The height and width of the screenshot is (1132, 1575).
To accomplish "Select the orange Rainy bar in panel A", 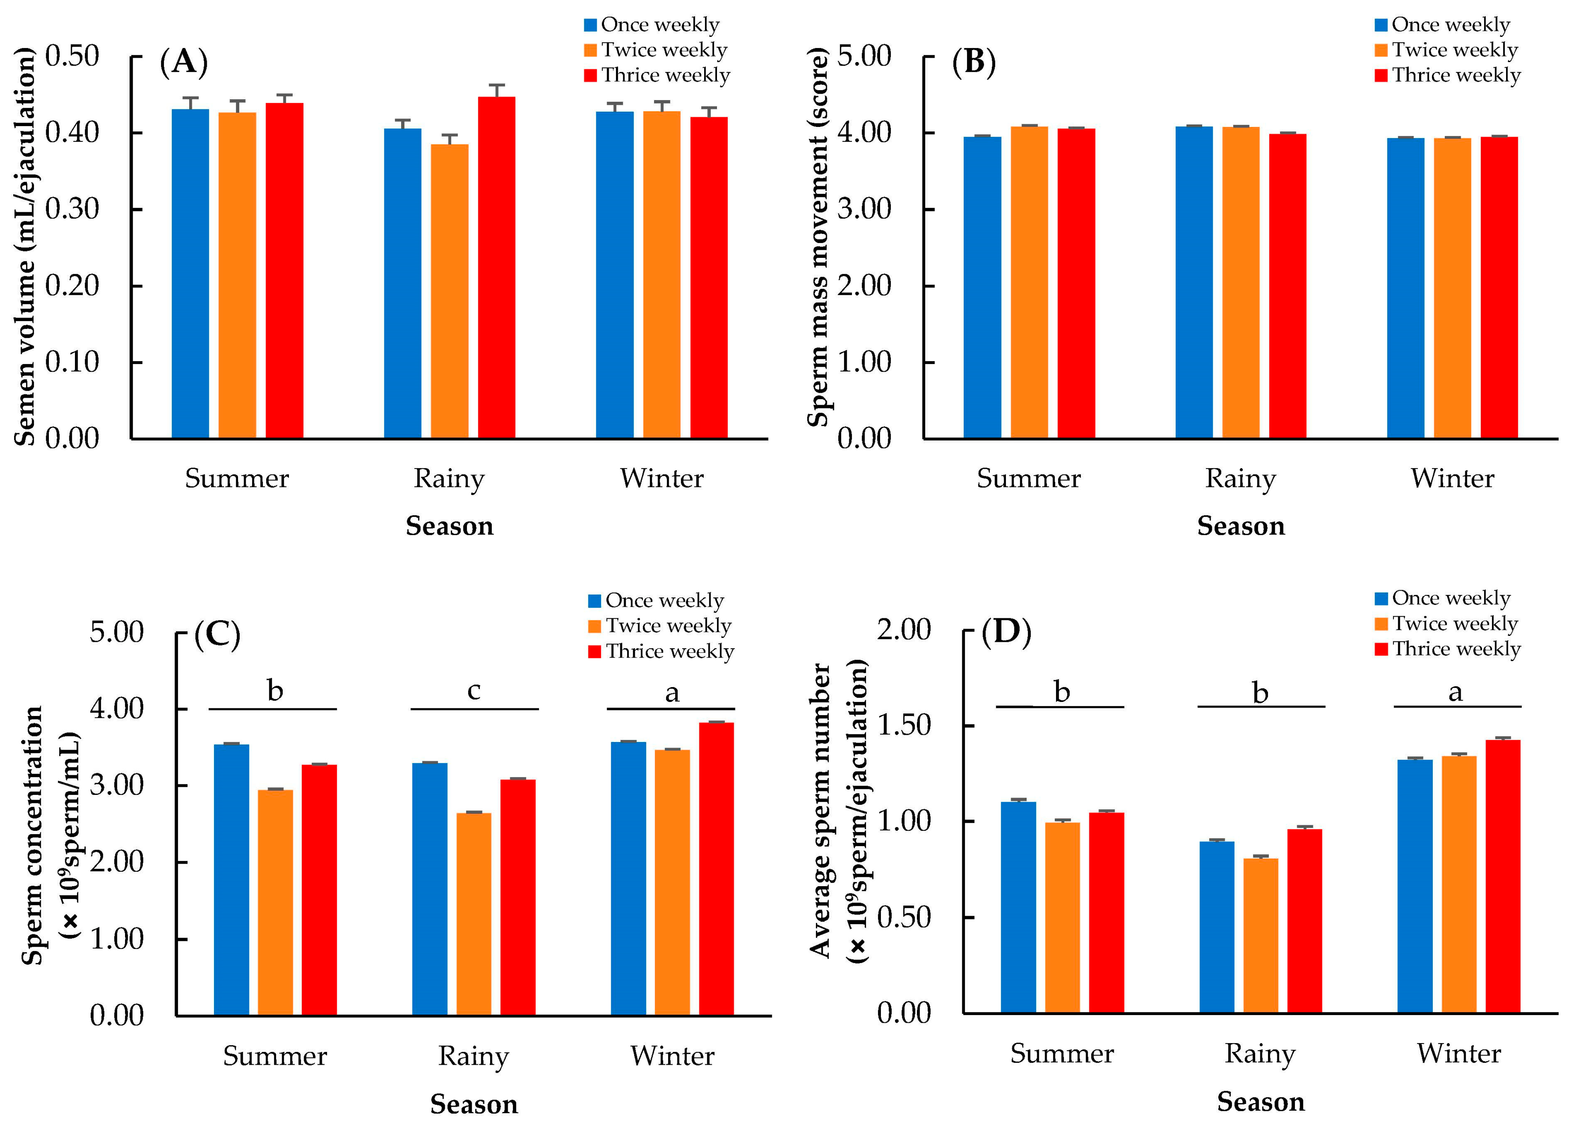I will point(449,292).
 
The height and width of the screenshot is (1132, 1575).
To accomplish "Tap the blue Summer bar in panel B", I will point(982,288).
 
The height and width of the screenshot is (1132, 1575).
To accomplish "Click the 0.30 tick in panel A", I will point(72,209).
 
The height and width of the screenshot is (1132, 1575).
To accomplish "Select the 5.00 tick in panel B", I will point(864,56).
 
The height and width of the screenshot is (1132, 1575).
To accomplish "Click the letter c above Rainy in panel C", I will point(474,690).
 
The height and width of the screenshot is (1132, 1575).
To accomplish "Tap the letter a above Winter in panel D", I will point(1456,692).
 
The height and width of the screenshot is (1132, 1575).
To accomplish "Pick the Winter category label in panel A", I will point(661,479).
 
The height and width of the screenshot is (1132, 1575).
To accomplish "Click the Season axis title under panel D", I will point(1260,1102).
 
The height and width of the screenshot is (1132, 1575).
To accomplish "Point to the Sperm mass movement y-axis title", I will point(818,236).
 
